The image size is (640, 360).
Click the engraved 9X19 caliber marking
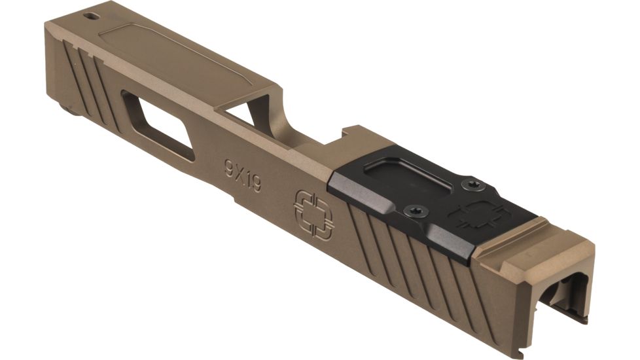242,175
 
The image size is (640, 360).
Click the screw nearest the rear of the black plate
470,186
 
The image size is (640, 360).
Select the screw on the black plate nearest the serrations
416,211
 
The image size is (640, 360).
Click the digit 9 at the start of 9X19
228,166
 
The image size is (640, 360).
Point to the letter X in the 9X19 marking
239,173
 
